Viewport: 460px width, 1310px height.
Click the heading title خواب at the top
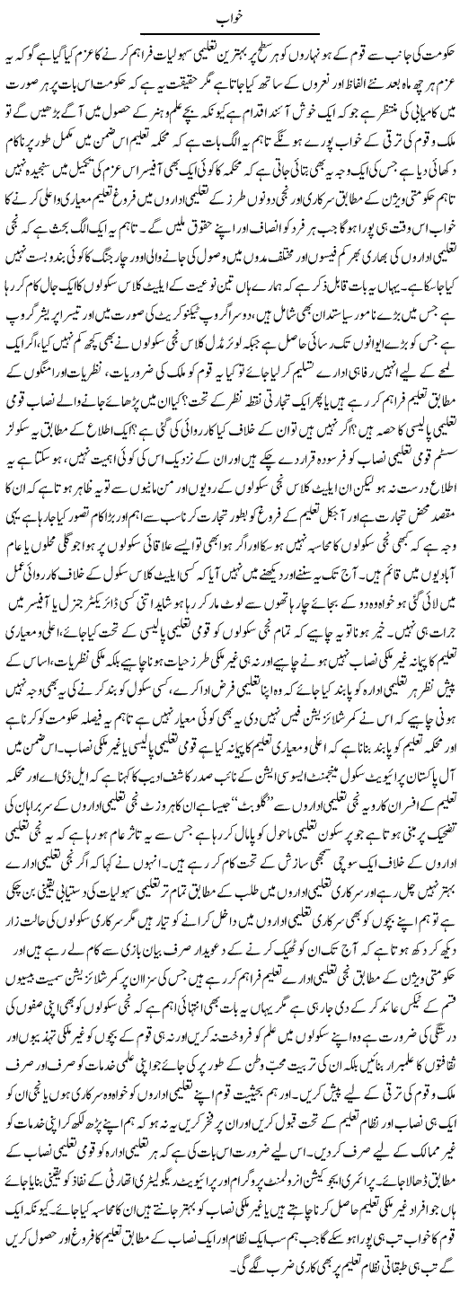(229, 15)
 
